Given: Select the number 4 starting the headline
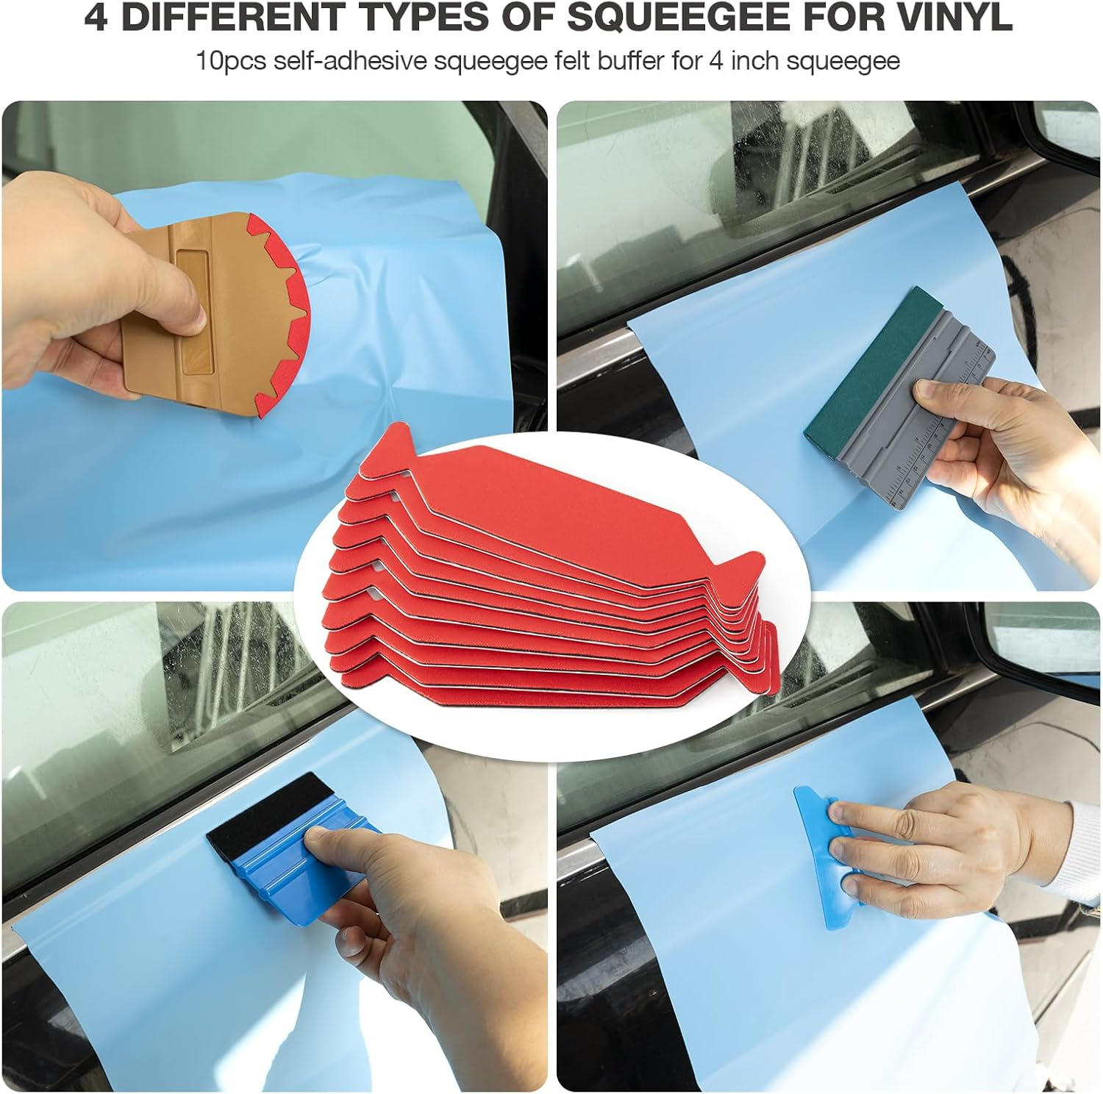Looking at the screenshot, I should [96, 18].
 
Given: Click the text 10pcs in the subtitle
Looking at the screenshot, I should [230, 60].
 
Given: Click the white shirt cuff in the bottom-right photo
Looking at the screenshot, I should [1081, 845].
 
